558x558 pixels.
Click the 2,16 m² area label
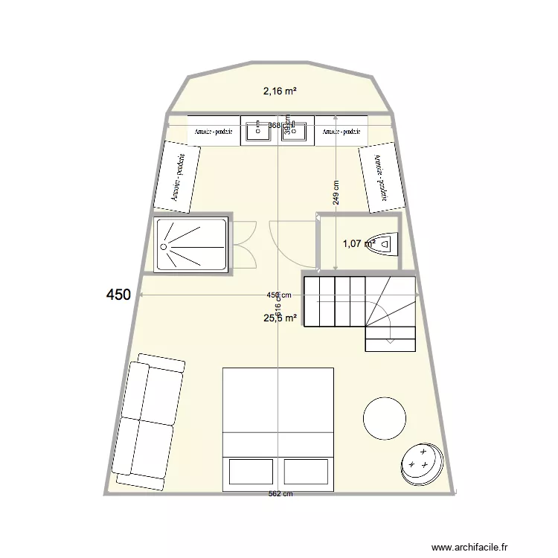coord(280,92)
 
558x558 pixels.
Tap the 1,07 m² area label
coord(358,243)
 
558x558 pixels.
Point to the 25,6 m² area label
coord(280,318)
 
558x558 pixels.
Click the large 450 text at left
coord(118,295)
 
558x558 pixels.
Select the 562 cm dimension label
coord(280,496)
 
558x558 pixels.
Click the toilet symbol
coord(387,243)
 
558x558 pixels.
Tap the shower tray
coord(190,244)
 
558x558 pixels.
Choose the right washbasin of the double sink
coord(298,131)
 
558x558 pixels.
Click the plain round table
coord(384,418)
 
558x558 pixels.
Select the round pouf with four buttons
coord(422,464)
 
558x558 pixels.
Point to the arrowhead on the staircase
coord(391,341)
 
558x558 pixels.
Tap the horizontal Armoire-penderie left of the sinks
coord(214,132)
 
